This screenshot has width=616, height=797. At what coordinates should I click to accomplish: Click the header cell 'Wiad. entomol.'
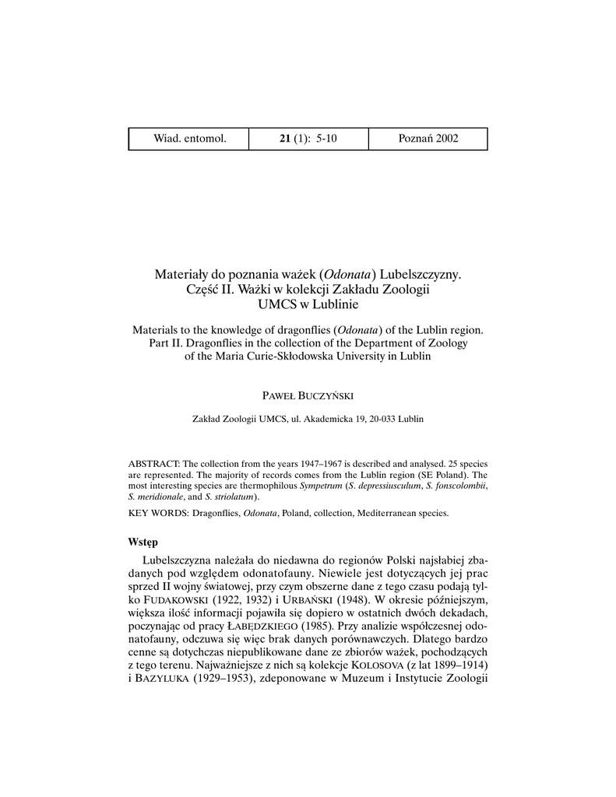(x=189, y=139)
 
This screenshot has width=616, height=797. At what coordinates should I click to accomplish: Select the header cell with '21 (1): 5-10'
(x=308, y=139)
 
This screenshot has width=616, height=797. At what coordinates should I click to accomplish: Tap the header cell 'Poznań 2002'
(x=428, y=139)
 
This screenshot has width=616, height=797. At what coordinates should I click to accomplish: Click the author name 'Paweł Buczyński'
(x=308, y=397)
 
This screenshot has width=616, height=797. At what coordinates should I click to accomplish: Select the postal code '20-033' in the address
(x=376, y=419)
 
